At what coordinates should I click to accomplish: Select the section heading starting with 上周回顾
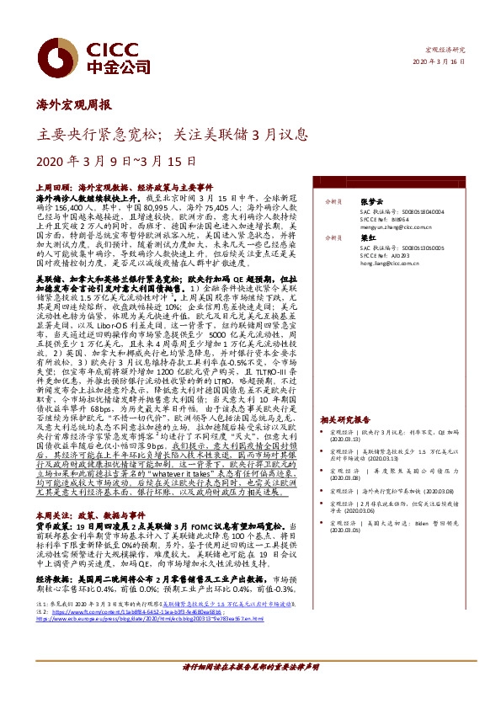pyautogui.click(x=125, y=185)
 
